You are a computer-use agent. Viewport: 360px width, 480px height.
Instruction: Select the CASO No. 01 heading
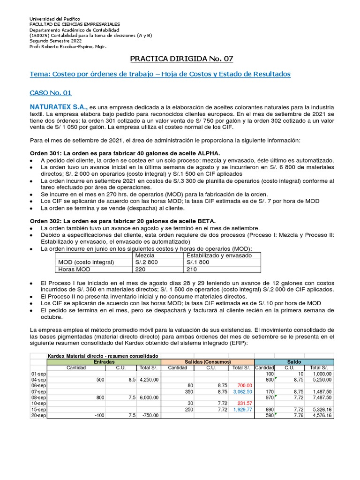click(x=51, y=93)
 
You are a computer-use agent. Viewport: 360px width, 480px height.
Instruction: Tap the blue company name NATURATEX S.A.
click(x=58, y=107)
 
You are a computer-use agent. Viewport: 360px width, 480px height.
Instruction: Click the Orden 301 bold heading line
click(x=125, y=154)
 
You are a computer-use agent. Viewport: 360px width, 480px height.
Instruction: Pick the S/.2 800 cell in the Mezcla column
click(x=146, y=262)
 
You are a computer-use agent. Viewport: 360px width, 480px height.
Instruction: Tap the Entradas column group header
click(x=104, y=362)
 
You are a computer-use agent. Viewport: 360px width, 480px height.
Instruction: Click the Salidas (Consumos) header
click(x=207, y=362)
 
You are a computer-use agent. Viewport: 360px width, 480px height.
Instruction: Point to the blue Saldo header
click(x=293, y=362)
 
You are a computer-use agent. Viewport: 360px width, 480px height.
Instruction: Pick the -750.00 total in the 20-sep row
click(x=150, y=416)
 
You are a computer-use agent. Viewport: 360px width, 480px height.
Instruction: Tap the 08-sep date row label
click(x=38, y=397)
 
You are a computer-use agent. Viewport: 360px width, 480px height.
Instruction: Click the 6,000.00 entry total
click(x=149, y=397)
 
